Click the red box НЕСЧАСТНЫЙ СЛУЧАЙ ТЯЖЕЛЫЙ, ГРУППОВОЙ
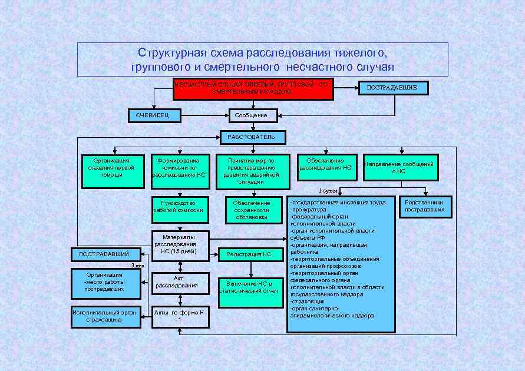(x=253, y=89)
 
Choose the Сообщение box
(x=252, y=115)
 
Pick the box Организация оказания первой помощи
(x=112, y=171)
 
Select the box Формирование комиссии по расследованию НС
(x=180, y=171)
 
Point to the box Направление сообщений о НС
(x=399, y=168)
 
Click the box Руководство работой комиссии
(x=180, y=210)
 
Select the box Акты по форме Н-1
(x=180, y=317)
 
